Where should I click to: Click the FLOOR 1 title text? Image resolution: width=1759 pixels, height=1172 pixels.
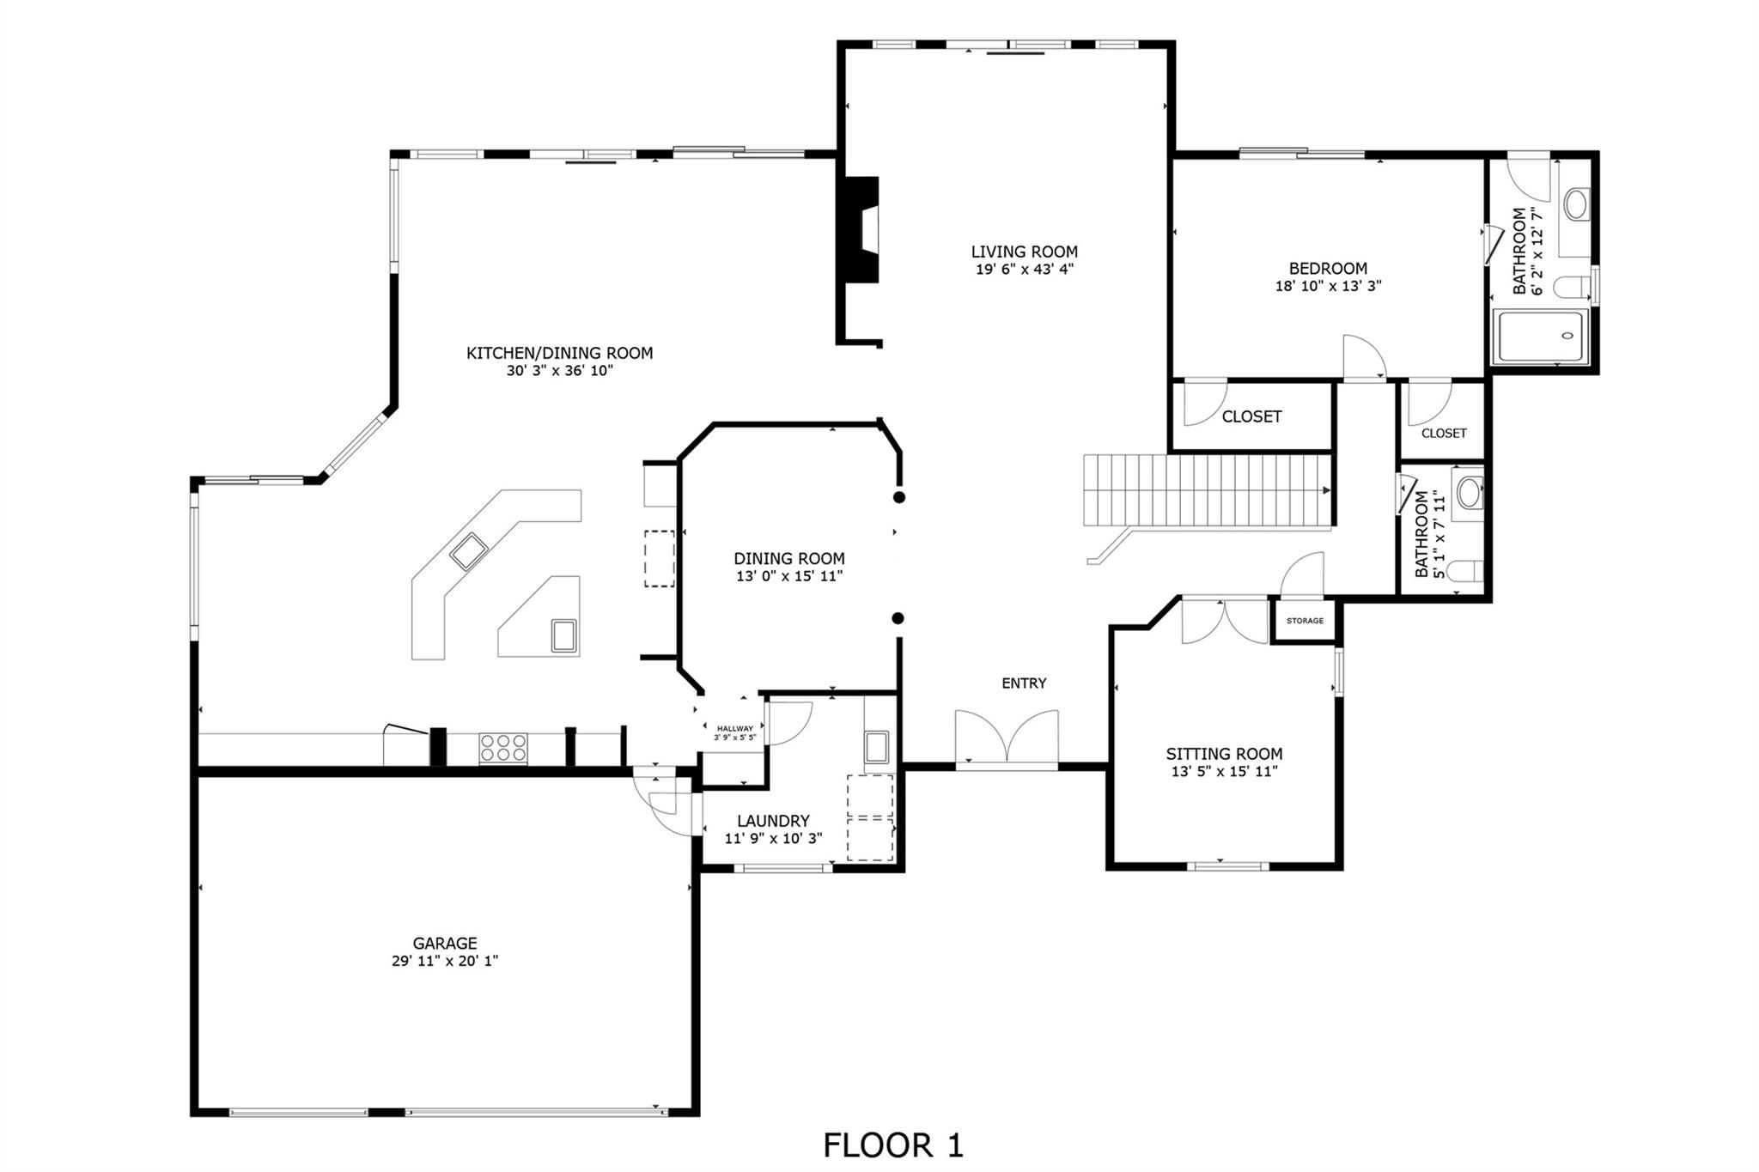point(893,1145)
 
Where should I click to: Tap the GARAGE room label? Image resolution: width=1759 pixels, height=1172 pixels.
point(444,944)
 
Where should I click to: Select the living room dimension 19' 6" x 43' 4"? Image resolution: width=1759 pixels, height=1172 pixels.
point(1024,269)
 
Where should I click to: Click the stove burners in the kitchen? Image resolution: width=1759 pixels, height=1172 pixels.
point(503,748)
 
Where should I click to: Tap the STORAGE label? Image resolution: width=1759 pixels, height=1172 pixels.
point(1305,621)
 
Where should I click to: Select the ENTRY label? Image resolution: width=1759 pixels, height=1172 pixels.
point(1024,683)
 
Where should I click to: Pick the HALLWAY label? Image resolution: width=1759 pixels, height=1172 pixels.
point(734,729)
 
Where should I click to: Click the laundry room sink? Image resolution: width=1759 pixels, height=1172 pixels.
point(877,747)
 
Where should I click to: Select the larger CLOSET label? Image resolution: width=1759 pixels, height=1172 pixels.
point(1251,416)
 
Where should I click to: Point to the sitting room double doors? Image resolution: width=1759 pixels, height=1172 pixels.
point(1224,621)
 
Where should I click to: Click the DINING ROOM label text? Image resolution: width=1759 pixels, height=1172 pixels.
point(788,559)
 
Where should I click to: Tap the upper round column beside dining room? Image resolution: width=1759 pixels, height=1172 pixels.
point(899,497)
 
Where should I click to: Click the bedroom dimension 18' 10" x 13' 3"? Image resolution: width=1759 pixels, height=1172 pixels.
point(1328,286)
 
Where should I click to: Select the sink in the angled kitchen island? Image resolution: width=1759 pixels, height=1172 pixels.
point(469,552)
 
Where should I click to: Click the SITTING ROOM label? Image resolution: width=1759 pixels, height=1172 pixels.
point(1224,754)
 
